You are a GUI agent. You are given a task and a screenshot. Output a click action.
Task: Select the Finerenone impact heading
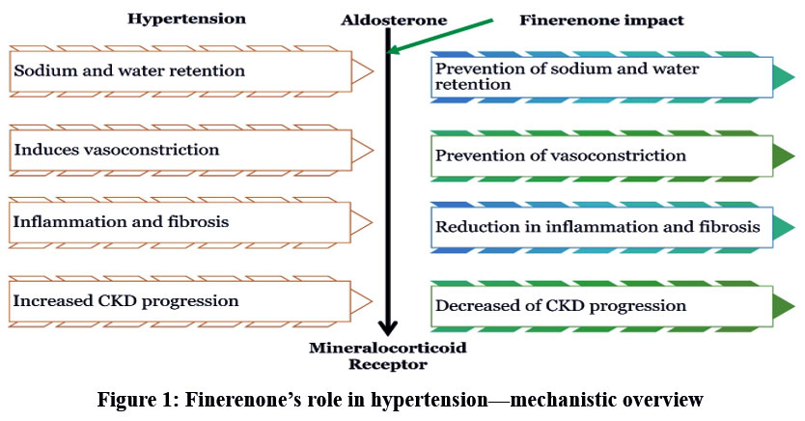coord(601,20)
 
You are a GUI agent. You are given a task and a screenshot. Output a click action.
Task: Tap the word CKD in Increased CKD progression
coord(107,300)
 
